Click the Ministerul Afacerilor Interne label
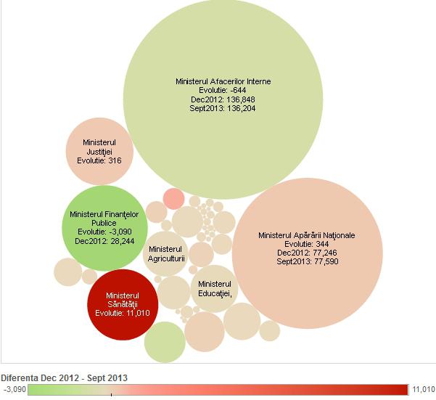[223, 81]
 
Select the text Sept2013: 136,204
[223, 108]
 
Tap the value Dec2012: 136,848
[223, 99]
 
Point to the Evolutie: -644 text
[223, 90]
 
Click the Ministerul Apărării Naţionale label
[307, 235]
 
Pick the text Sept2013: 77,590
[307, 261]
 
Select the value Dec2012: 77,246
[307, 253]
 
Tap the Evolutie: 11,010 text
[122, 314]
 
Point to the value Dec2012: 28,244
[104, 241]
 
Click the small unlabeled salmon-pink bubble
[174, 198]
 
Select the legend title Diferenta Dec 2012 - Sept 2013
[64, 378]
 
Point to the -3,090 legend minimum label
[14, 390]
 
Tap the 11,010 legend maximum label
[424, 390]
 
